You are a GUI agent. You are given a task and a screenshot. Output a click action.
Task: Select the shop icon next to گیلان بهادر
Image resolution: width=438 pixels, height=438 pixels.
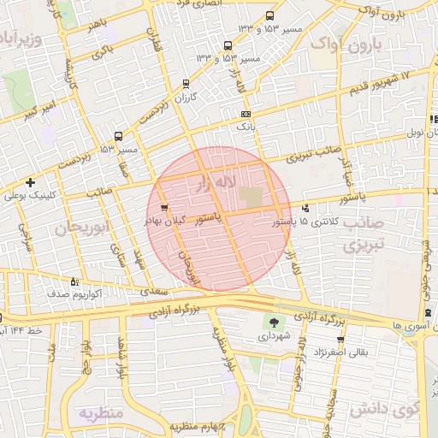click(x=163, y=208)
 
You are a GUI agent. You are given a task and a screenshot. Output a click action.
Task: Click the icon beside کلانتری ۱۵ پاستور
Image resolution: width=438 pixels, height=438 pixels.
click(x=306, y=208)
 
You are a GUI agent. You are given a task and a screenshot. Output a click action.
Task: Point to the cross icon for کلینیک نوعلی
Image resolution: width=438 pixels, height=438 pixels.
click(x=31, y=182)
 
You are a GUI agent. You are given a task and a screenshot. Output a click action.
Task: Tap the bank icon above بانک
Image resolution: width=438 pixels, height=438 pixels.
click(x=246, y=114)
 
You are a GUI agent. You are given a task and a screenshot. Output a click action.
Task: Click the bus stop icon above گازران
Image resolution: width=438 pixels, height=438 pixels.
click(x=186, y=84)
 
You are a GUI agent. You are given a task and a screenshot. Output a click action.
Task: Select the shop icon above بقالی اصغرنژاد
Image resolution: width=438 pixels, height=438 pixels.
click(x=340, y=340)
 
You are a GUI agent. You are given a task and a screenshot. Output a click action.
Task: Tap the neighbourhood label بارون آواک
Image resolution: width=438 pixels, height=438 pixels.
click(x=345, y=44)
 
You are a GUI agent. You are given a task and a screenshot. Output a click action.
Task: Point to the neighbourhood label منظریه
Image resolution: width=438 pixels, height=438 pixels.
click(x=102, y=413)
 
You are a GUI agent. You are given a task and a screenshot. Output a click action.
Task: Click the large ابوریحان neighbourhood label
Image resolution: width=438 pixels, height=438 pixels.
click(x=84, y=228)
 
